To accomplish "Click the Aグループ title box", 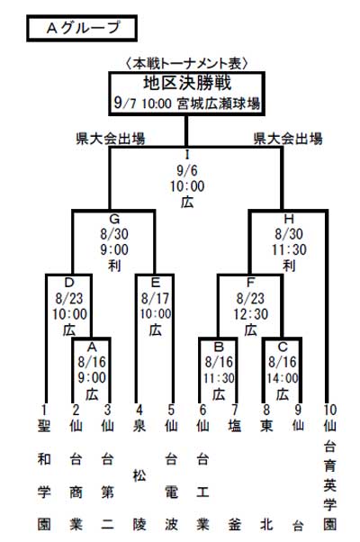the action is point(82,28).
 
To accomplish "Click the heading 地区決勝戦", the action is point(187,83).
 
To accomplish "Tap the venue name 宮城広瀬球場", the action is point(219,103).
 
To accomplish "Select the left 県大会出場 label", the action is point(111,139).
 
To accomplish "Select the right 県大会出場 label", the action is point(288,139).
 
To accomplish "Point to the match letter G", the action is point(114,219).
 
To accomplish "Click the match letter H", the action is point(289,219).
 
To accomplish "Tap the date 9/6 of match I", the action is point(187,170).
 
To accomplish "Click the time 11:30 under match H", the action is point(289,249).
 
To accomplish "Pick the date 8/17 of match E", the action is point(155,298).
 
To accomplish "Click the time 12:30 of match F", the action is point(251,314).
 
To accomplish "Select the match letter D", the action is point(69,283).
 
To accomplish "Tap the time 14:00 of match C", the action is point(283,378).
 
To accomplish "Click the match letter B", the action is point(219,347).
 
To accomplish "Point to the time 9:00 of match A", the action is point(92,377).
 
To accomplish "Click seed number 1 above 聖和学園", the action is point(44,410).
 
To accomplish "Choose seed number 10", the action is point(330,410).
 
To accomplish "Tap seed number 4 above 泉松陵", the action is point(139,410).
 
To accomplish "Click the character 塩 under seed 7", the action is point(235,426).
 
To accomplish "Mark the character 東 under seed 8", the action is point(266,426).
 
